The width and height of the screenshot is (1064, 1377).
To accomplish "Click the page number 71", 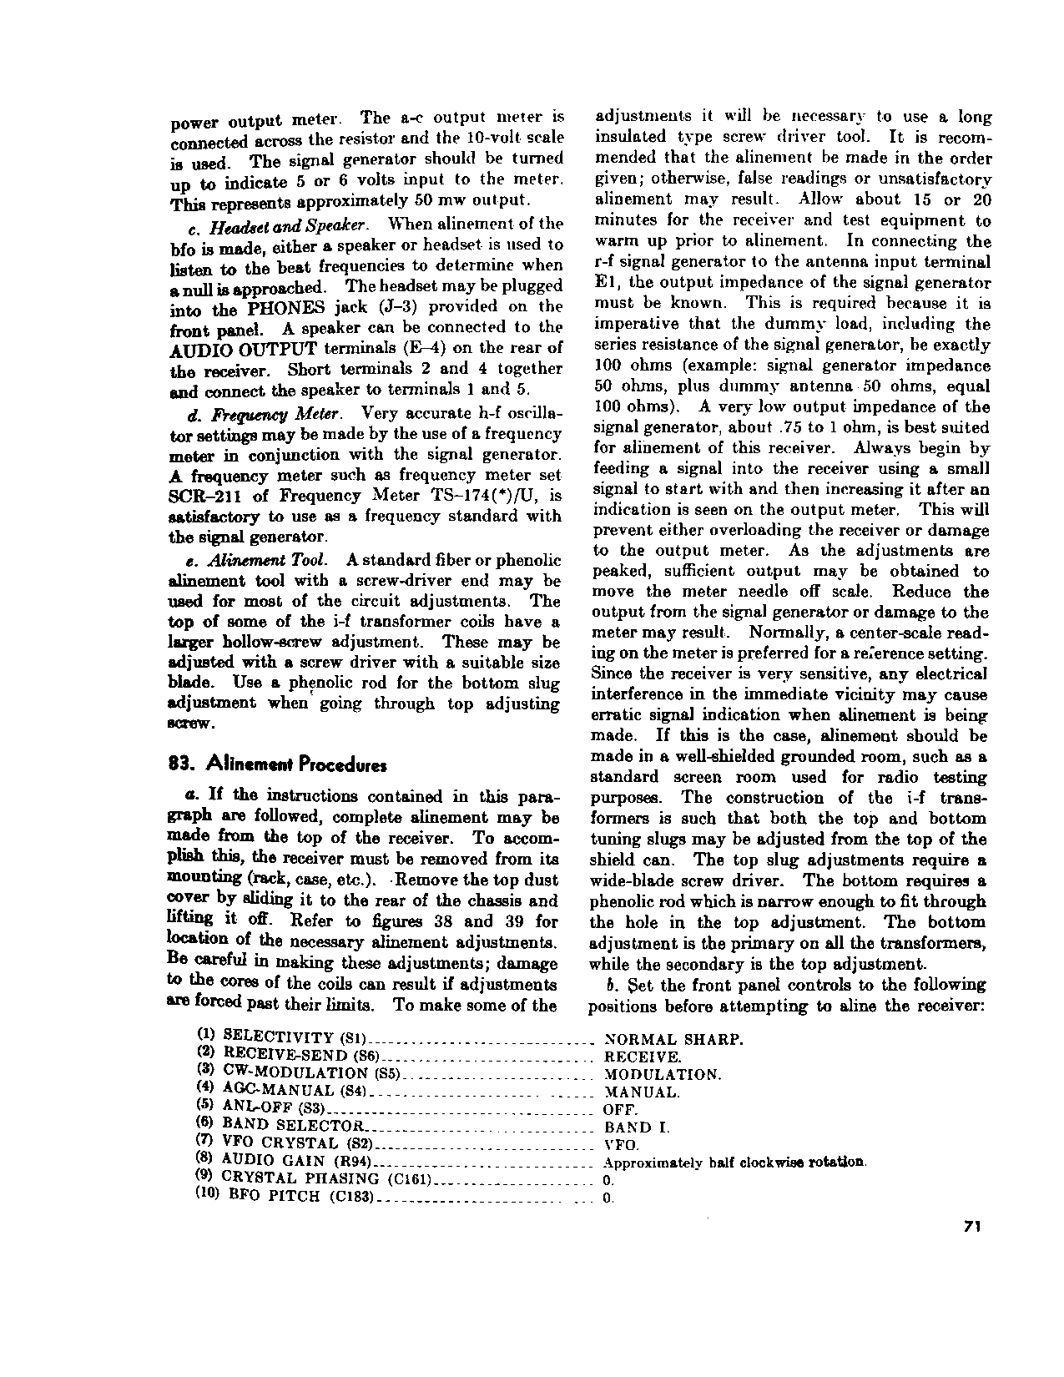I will [971, 1227].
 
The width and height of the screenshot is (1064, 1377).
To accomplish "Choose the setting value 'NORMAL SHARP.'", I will [673, 1040].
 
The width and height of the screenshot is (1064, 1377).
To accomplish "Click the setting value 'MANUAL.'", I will [641, 1092].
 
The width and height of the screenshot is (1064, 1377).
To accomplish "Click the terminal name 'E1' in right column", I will [605, 283].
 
